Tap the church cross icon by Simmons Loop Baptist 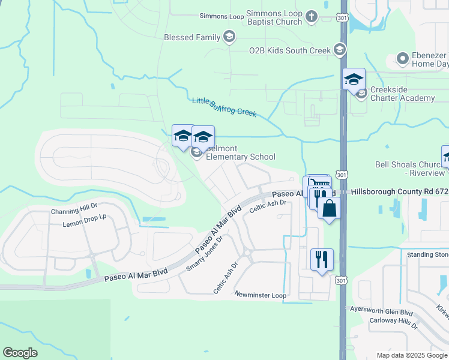312,17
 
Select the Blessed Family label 192,37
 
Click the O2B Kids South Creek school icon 340,50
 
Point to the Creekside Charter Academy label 402,94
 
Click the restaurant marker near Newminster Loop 322,260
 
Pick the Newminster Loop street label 261,295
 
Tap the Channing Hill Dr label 74,211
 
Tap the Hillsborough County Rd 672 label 399,191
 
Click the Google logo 20,353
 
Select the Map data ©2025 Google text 412,355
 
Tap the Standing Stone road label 427,254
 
